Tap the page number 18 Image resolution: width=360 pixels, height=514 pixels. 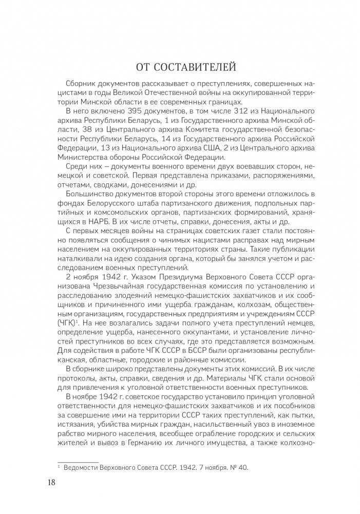click(x=51, y=482)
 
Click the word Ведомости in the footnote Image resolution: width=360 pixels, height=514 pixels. click(x=84, y=466)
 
